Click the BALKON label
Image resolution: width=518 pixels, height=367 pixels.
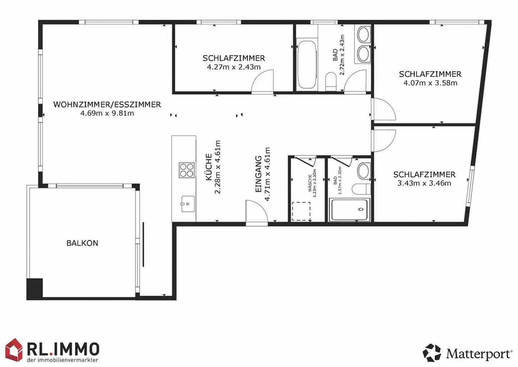point(82,243)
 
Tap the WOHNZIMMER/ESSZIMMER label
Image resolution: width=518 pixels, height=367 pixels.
point(107,104)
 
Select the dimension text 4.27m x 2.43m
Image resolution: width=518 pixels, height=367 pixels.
point(234,67)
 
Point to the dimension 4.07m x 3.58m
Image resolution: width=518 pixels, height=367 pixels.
point(430,83)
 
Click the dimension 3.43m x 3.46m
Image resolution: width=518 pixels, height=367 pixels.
point(424,183)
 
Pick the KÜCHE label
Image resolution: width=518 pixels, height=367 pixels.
point(209,167)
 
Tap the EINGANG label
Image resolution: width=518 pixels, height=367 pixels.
point(258,174)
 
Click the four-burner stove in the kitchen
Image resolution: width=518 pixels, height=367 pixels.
point(187,170)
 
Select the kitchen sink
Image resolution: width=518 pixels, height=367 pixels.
point(188,204)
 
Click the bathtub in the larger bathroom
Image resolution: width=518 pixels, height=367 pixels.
point(306,64)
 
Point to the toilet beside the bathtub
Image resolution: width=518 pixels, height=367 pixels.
point(331,81)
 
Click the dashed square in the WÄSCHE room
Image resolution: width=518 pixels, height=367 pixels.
point(301,211)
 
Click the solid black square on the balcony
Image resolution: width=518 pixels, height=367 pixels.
point(35,288)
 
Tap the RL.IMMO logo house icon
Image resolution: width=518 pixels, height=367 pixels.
point(14,350)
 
